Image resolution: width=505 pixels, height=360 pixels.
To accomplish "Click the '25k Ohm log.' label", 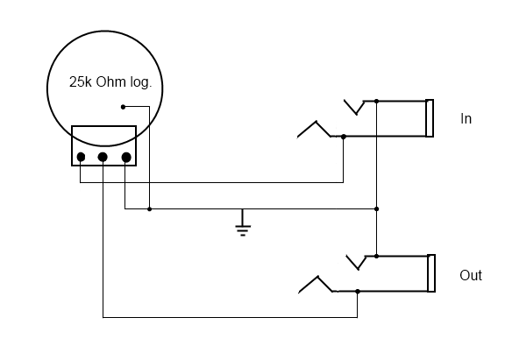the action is [x=110, y=82].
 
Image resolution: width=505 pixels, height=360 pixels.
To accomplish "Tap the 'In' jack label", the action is [x=466, y=119].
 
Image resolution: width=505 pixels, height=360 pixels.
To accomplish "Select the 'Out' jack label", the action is [x=471, y=275].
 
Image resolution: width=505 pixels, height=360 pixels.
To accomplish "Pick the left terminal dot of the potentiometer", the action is [x=81, y=157].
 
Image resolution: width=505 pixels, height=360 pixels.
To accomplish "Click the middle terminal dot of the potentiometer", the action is [x=103, y=157].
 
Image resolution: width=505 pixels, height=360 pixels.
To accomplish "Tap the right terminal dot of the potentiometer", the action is [x=126, y=158].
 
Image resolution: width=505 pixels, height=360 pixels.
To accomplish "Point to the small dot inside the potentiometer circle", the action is [x=123, y=107].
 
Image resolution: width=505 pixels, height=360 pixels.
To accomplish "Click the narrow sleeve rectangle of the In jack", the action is [x=430, y=118].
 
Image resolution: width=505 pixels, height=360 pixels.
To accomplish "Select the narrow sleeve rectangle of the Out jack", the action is [x=431, y=273].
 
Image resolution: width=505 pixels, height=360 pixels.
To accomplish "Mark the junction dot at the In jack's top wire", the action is [x=376, y=102].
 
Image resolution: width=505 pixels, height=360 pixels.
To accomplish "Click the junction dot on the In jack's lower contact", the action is [x=344, y=137].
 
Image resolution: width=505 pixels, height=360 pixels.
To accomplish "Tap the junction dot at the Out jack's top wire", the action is [x=376, y=257].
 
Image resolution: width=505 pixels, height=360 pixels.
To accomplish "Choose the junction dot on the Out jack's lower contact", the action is [x=358, y=292].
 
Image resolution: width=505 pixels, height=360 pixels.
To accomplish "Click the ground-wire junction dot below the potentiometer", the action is [x=149, y=209].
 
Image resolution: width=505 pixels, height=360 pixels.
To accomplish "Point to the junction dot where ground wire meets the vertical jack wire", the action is [x=376, y=209].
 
